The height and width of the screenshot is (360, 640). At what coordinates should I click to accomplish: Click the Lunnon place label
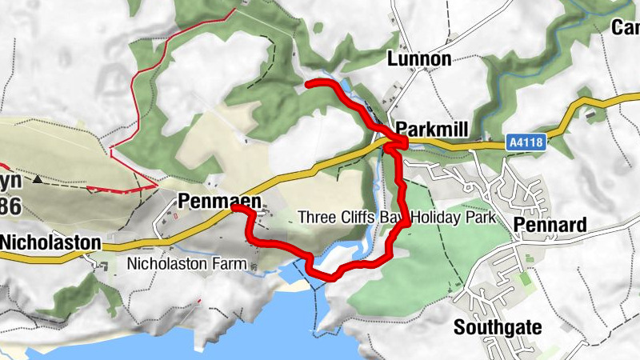(419, 59)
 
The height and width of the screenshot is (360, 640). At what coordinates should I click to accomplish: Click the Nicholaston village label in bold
(50, 242)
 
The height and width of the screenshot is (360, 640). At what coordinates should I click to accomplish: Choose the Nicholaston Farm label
(184, 262)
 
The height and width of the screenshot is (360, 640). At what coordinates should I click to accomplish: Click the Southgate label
(498, 326)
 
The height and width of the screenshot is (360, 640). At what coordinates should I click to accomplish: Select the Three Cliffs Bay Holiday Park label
(397, 217)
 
